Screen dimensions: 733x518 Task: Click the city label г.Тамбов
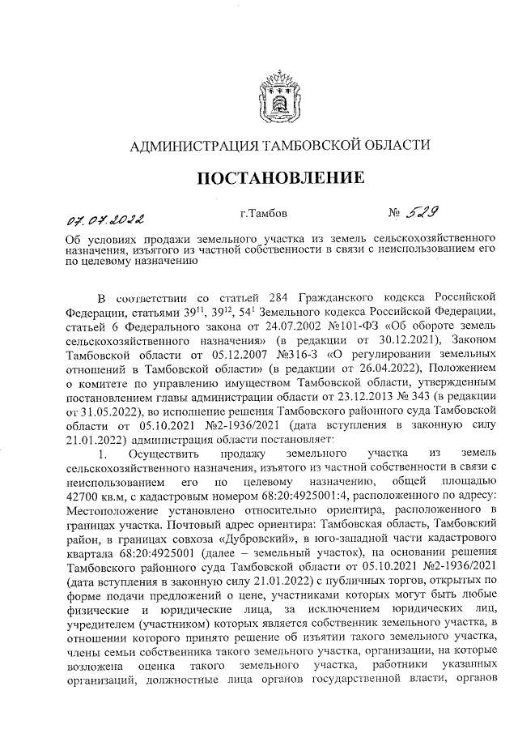pyautogui.click(x=264, y=215)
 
